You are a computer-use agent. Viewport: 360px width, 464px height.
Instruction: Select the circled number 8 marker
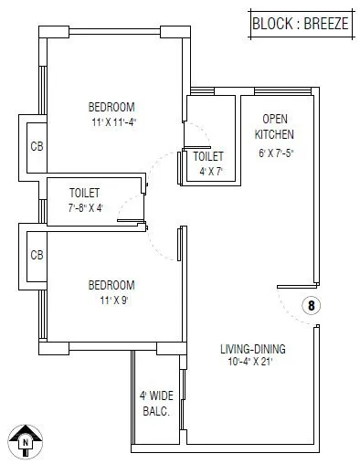(x=311, y=306)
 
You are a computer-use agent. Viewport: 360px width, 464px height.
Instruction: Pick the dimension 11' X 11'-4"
(x=120, y=121)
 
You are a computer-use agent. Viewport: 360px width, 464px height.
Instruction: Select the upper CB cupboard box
(x=36, y=146)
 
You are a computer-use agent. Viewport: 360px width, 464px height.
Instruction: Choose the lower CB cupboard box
(x=36, y=255)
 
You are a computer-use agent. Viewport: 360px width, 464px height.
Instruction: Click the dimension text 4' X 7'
(x=211, y=171)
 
